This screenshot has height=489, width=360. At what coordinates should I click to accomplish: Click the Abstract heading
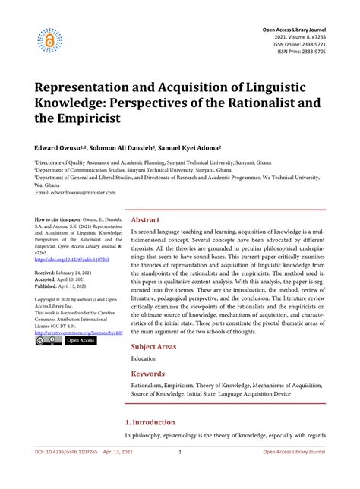click(151, 219)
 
